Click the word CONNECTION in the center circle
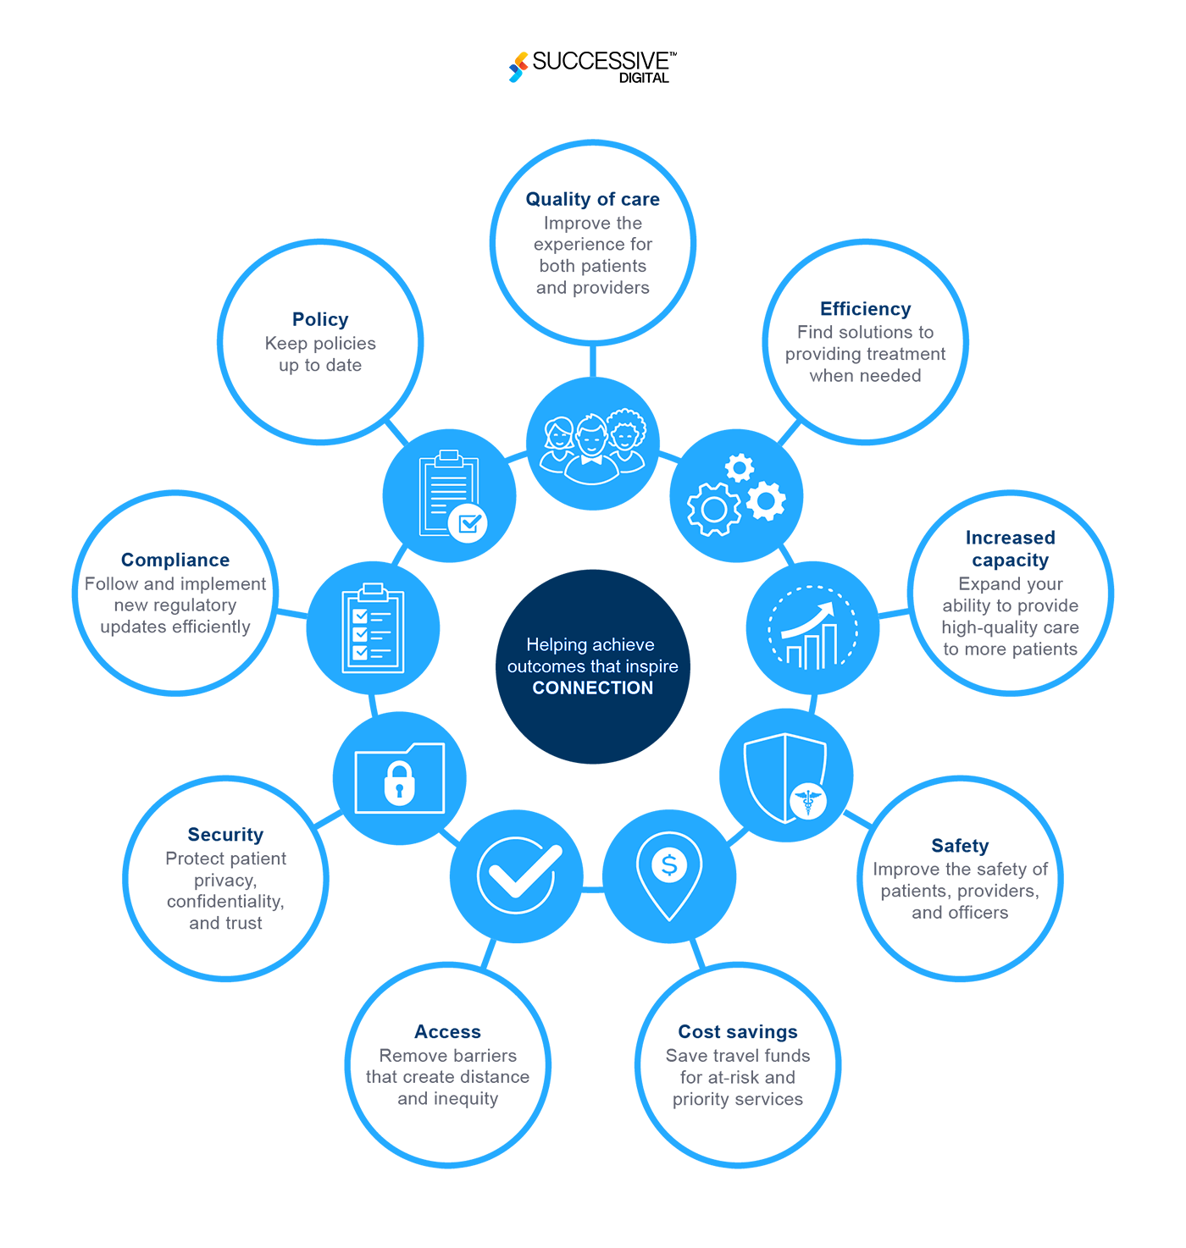point(593,688)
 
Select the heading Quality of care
point(593,200)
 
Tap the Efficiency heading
point(865,309)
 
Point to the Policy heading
point(320,319)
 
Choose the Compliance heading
point(175,560)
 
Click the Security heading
point(225,835)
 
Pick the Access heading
point(447,1032)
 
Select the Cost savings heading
point(738,1032)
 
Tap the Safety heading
point(960,846)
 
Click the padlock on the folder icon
point(399,782)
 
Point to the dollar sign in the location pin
point(669,864)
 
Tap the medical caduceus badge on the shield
point(808,800)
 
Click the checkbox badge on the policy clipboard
point(468,523)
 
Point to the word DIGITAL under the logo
point(644,78)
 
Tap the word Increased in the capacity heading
point(1010,538)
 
